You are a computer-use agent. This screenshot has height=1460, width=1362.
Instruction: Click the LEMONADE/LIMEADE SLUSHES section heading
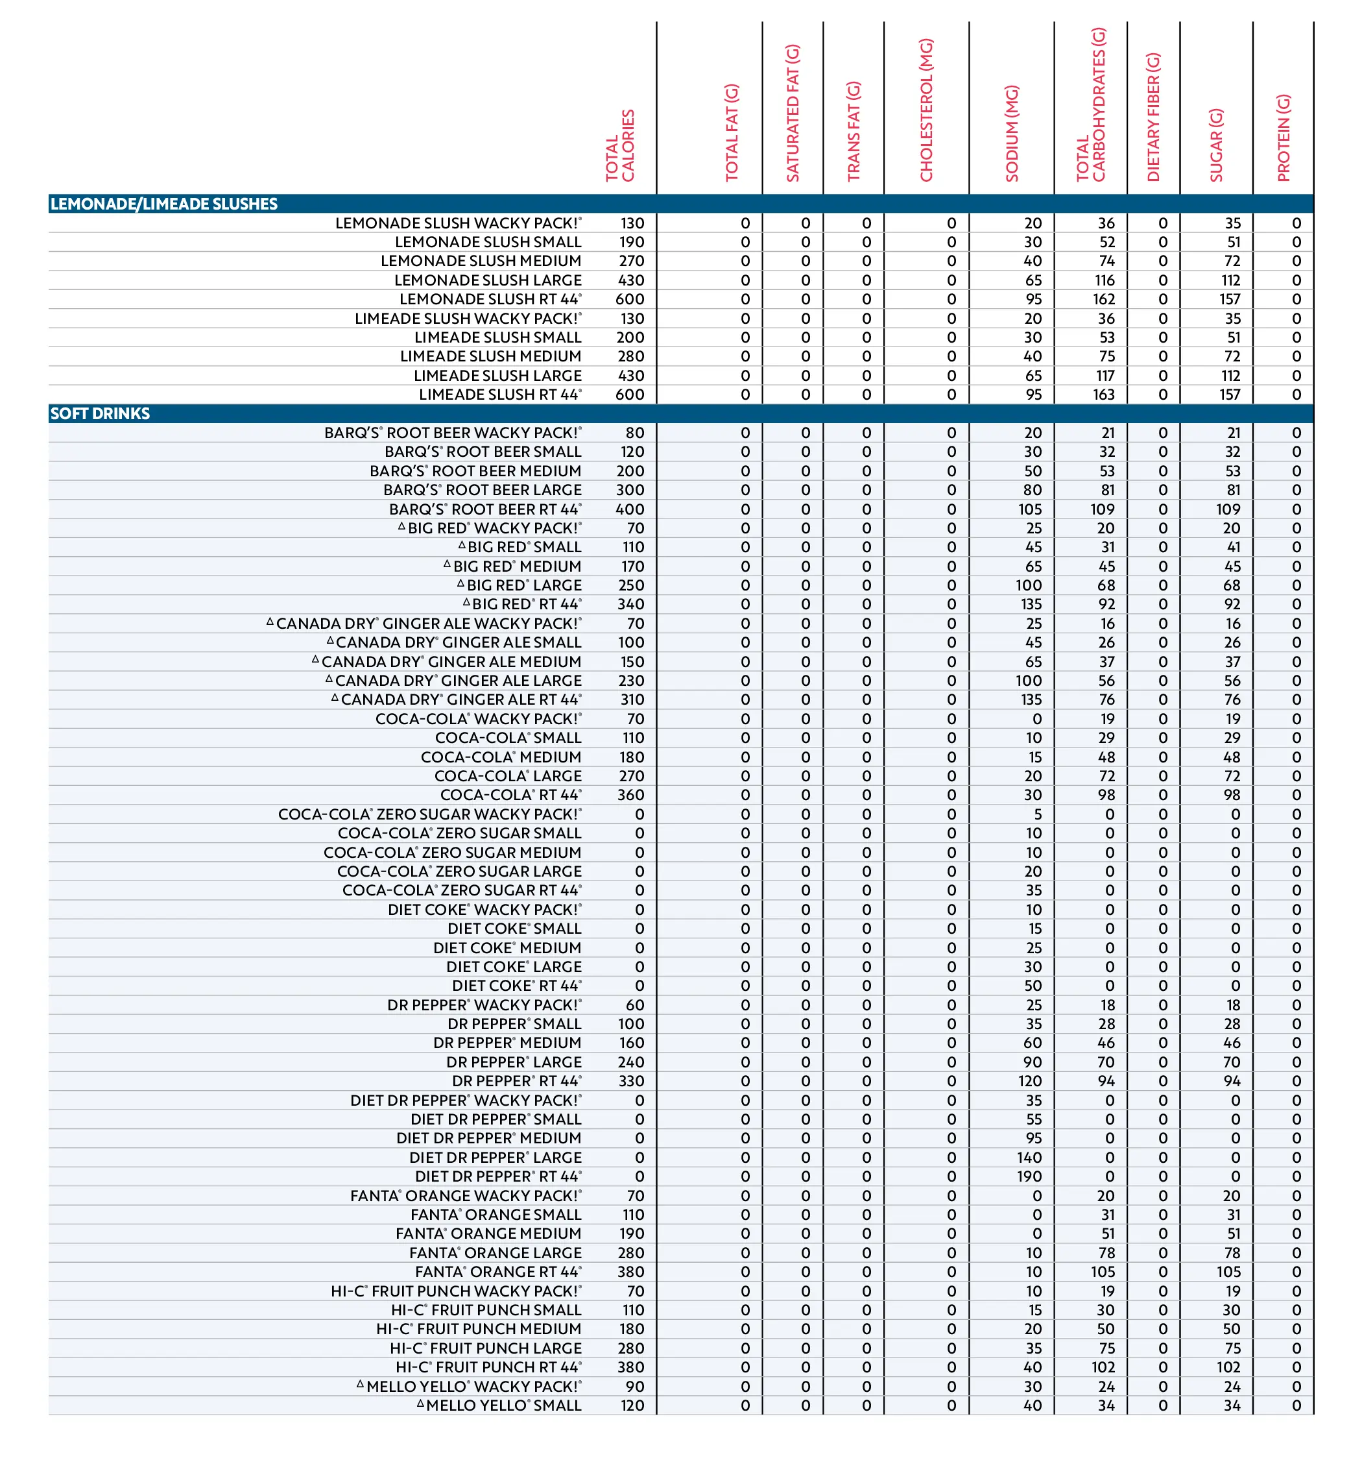pos(163,204)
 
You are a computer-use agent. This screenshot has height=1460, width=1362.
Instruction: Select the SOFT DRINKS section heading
pos(100,413)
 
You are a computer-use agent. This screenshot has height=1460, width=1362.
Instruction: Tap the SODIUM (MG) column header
pos(1012,134)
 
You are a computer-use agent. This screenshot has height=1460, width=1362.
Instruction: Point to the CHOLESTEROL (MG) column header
pos(926,110)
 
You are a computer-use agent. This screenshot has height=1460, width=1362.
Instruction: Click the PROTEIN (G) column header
pos(1283,138)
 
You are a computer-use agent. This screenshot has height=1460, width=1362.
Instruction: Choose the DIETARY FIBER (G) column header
pos(1153,117)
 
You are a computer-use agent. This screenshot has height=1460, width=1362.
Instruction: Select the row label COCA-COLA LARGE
pos(507,776)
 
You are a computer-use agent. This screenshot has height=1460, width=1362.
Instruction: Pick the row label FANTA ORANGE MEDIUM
pos(488,1234)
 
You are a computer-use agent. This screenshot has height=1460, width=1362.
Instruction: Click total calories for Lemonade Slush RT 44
pos(629,299)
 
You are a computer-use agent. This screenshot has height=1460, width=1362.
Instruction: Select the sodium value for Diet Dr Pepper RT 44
pos(1029,1176)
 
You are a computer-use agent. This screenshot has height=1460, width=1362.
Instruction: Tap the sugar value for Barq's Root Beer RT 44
pos(1228,509)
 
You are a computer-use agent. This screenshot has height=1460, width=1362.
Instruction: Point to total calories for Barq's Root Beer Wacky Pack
pos(634,433)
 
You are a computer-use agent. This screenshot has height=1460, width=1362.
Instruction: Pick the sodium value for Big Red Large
pos(1028,585)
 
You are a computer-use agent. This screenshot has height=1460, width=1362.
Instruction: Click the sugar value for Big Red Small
pos(1233,547)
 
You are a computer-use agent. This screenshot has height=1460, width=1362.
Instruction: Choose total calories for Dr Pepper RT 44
pos(630,1081)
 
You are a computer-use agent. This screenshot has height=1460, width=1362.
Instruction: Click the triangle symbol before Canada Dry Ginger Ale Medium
pos(315,659)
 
